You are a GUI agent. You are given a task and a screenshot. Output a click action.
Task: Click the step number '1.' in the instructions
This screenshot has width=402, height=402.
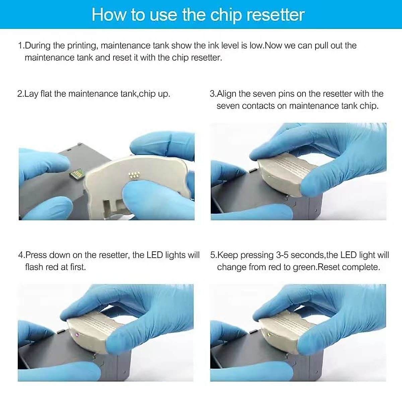pos(21,46)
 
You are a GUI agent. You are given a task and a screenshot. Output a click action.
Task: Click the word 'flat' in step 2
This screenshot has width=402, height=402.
pos(46,94)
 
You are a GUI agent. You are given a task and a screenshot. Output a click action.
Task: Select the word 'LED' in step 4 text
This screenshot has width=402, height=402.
pos(155,255)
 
